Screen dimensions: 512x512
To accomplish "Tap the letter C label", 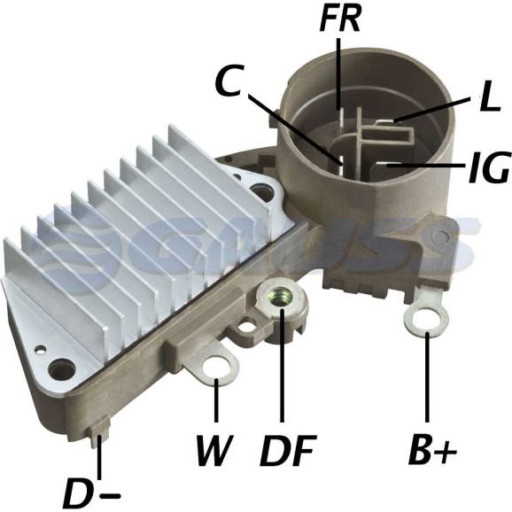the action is point(229,80).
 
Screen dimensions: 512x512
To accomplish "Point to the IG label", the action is point(488,167).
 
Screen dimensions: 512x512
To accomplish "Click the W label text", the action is point(214,450).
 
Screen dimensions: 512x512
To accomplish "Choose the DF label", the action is point(288,450).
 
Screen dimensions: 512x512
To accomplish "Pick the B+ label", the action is point(432,448).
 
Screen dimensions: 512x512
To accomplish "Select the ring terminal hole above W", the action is point(215,367).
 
